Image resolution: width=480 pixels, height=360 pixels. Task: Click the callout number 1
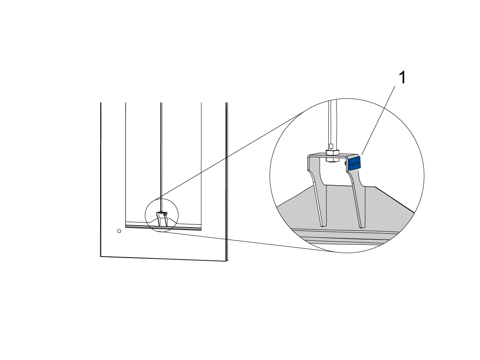pyautogui.click(x=402, y=77)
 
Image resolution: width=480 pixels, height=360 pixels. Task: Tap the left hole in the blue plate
pyautogui.click(x=352, y=164)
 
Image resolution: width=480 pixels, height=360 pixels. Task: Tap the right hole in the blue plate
pyautogui.click(x=357, y=163)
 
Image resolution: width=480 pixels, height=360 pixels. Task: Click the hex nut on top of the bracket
pyautogui.click(x=332, y=152)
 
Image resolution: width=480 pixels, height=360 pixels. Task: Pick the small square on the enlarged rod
pyautogui.click(x=331, y=146)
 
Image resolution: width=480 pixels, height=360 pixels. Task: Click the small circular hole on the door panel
pyautogui.click(x=119, y=231)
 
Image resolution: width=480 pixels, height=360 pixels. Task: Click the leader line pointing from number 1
pyautogui.click(x=378, y=120)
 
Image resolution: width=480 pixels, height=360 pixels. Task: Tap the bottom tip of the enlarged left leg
pyautogui.click(x=324, y=226)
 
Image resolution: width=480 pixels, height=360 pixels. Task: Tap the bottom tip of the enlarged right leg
pyautogui.click(x=362, y=228)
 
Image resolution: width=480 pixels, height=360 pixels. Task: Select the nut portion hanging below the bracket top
pyautogui.click(x=332, y=159)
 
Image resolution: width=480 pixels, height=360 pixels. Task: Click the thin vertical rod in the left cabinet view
pyautogui.click(x=161, y=157)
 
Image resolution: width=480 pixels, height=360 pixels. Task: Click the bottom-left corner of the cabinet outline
pyautogui.click(x=100, y=256)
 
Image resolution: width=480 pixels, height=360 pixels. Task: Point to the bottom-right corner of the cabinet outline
pyautogui.click(x=227, y=261)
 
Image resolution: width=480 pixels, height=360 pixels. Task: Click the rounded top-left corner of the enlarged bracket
pyautogui.click(x=308, y=156)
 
